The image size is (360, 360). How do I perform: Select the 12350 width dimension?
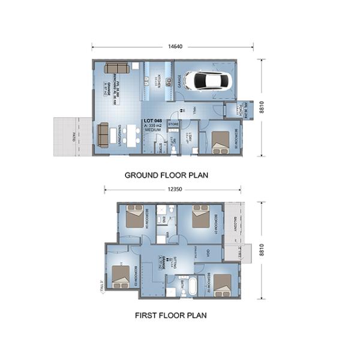point(174,189)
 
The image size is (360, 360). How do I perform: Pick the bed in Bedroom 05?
point(221,141)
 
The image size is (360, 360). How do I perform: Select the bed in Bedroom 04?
point(134,217)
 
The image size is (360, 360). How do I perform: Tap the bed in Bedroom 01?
point(200,217)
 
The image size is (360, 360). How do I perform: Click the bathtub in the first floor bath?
point(192,286)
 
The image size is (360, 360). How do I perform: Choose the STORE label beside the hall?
point(173,124)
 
